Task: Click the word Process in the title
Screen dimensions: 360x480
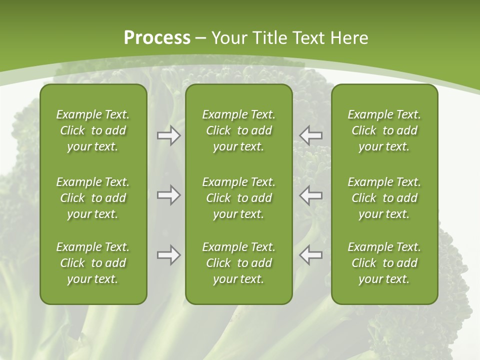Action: (x=157, y=38)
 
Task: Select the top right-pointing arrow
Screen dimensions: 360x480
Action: (x=169, y=135)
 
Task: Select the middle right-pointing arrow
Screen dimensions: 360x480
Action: (x=169, y=195)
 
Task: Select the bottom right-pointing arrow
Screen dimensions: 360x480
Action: (x=169, y=255)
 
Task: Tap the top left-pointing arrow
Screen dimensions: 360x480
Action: (x=310, y=135)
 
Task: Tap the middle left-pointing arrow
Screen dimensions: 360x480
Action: (x=310, y=195)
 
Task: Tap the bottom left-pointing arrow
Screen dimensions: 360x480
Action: (x=310, y=255)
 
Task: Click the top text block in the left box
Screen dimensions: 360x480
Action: (x=93, y=130)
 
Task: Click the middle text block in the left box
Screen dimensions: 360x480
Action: (x=93, y=198)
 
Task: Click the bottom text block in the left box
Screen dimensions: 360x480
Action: (x=93, y=263)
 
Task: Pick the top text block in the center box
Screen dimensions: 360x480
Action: (x=238, y=130)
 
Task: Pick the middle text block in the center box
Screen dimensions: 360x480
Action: (x=238, y=198)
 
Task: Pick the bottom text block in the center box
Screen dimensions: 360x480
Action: (x=238, y=263)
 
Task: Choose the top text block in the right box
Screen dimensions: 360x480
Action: (x=384, y=130)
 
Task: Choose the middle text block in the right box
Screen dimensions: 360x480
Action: (x=384, y=198)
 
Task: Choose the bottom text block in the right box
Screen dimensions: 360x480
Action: (x=384, y=263)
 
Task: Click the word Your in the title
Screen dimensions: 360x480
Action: (x=228, y=38)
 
